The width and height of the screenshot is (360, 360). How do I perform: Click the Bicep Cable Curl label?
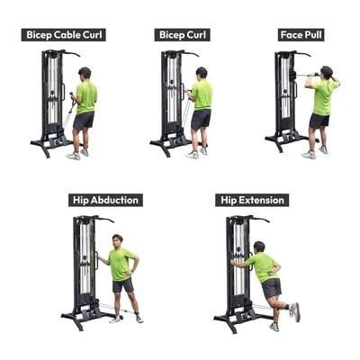point(64,35)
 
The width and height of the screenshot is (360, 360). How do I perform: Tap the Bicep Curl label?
point(183,35)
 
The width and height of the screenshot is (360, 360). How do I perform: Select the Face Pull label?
point(301,35)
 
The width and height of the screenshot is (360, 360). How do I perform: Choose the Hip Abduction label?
point(105,200)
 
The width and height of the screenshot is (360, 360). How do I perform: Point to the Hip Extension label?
point(252,200)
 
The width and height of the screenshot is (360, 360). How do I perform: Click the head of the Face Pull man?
point(327,72)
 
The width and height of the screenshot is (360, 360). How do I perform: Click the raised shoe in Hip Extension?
point(294,312)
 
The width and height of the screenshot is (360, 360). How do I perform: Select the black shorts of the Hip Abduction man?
point(123,285)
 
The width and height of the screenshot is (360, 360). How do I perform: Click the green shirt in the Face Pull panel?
point(323,97)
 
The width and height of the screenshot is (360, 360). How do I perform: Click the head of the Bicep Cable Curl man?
point(85,73)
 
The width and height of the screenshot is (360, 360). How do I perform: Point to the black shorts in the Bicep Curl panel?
point(201,119)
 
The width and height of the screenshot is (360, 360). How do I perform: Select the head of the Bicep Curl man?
point(202,73)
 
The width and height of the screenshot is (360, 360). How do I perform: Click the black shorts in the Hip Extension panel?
point(272,288)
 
